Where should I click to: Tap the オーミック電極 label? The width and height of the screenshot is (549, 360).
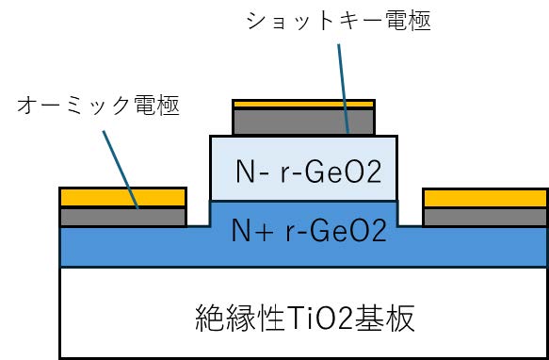coord(99,106)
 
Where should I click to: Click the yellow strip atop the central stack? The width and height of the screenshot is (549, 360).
coord(303,103)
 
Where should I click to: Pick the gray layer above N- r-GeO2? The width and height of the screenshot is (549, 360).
coord(303,121)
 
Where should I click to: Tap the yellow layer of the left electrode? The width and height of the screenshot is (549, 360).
coord(122,197)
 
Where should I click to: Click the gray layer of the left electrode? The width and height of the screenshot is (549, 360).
coord(122,217)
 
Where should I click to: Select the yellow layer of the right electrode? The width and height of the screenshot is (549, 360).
coord(485,197)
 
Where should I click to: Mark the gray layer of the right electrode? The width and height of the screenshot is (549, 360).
coord(485,217)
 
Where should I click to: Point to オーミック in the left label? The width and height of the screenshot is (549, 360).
coord(76,106)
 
